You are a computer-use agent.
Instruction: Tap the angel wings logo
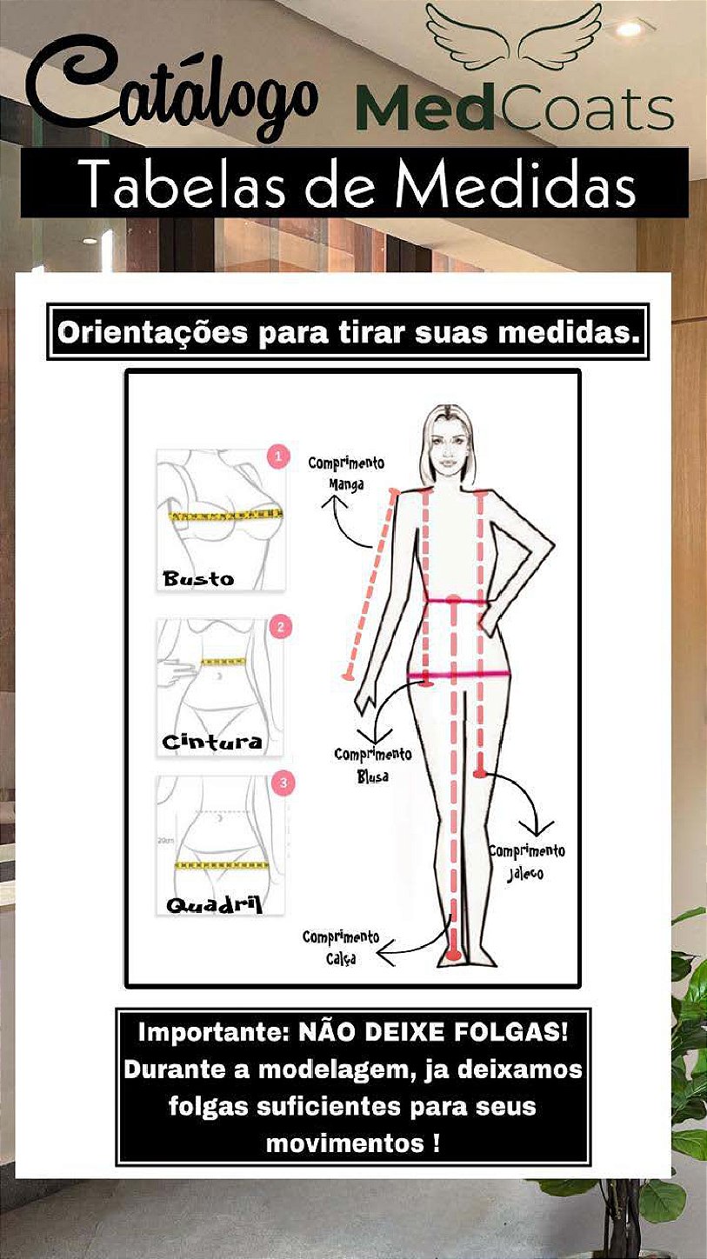[x=513, y=37]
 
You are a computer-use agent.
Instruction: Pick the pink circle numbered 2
[x=281, y=626]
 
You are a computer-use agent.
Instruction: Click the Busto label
[x=197, y=578]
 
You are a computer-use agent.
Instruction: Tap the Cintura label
[x=212, y=742]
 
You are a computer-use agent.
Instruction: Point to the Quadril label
[x=214, y=904]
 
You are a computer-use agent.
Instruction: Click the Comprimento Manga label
[x=346, y=473]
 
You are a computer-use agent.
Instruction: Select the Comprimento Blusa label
[x=373, y=765]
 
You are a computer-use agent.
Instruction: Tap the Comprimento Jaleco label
[x=526, y=863]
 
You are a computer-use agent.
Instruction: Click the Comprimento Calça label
[x=341, y=948]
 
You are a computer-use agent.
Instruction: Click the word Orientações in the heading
[x=152, y=333]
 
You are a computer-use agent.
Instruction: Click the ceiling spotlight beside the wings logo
[x=630, y=28]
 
